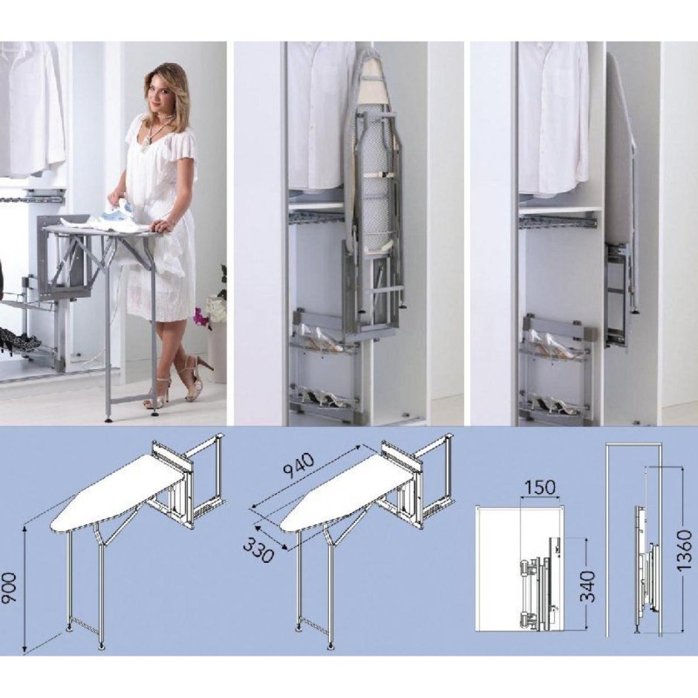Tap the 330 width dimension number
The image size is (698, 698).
258,549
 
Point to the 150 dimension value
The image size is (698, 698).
540,488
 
